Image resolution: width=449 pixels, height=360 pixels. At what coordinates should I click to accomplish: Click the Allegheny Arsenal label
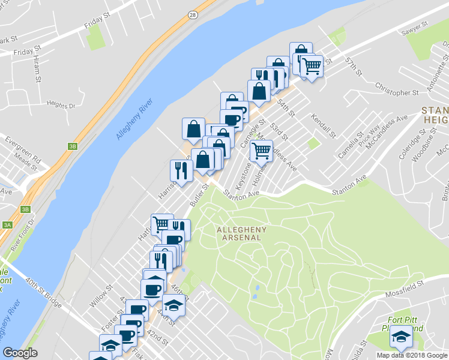coord(239,233)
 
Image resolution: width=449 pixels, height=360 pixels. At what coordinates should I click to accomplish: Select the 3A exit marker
coord(7,225)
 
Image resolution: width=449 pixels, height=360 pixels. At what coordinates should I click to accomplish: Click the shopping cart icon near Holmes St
coord(261,152)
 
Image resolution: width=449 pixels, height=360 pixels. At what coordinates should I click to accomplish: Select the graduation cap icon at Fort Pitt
coord(401,337)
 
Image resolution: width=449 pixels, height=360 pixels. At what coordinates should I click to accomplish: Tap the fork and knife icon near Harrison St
coord(181,171)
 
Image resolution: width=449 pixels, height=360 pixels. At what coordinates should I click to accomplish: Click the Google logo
coord(20,353)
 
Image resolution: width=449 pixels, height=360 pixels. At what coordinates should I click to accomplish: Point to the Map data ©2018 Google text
coord(411,355)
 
